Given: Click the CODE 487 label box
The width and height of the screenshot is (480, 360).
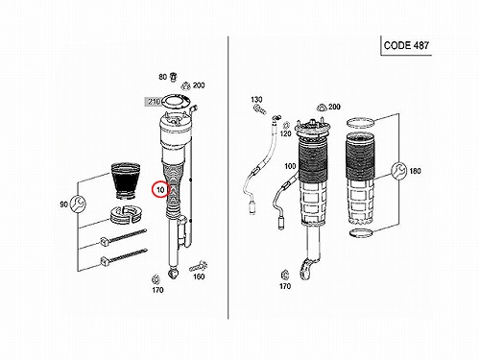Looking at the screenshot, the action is (x=406, y=45).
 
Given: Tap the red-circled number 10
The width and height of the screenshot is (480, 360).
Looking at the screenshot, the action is (x=160, y=190).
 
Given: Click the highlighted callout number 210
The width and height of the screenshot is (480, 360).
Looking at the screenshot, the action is (x=153, y=102).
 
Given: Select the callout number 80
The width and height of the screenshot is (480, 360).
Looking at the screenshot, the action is (x=163, y=77).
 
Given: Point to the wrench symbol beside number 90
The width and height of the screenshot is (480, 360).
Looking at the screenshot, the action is (x=78, y=204).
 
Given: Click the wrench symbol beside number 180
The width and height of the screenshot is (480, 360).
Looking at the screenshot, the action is (x=398, y=171).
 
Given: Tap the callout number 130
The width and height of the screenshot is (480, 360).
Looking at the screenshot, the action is (x=256, y=100).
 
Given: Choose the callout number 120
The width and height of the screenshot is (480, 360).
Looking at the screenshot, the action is (x=286, y=133).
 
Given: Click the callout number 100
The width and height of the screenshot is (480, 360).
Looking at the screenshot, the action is (x=290, y=166).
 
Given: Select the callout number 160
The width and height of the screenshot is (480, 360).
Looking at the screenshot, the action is (x=199, y=276).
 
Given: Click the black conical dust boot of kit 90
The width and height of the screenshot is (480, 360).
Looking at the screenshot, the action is (x=126, y=181).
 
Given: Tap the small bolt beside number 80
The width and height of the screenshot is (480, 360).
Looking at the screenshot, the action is (x=174, y=77).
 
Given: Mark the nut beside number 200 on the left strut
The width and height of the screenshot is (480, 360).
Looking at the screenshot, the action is (x=185, y=86).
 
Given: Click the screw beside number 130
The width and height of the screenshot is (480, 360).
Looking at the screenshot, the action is (x=259, y=109).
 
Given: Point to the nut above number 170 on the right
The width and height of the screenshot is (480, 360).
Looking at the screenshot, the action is (x=284, y=275).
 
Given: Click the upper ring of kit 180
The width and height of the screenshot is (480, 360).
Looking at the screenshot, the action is (x=361, y=122).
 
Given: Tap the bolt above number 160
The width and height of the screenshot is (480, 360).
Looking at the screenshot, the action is (x=199, y=267).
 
